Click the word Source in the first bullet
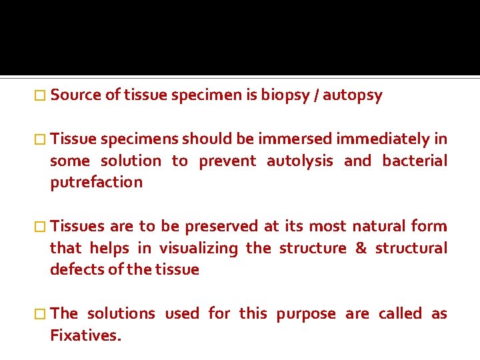[x=76, y=95]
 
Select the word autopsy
[x=355, y=95]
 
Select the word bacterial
[x=414, y=161]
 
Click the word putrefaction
[x=96, y=183]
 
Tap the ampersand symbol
[x=361, y=248]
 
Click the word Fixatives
[x=86, y=335]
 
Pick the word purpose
[x=306, y=314]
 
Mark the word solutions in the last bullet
[x=121, y=313]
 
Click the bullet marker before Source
[x=43, y=95]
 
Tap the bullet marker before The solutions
[x=43, y=313]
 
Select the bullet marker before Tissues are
[x=43, y=226]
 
